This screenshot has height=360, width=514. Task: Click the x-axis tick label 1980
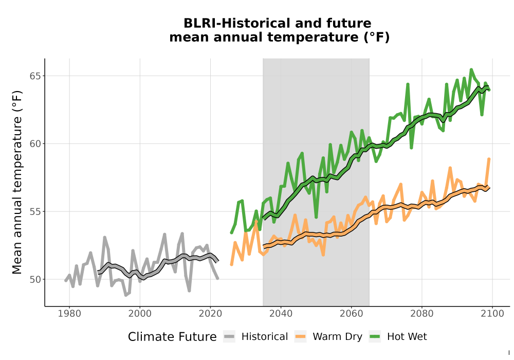[x=69, y=314]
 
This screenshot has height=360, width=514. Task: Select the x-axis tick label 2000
[x=140, y=314]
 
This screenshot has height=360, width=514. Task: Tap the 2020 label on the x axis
[x=210, y=314]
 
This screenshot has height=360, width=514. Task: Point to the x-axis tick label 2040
[x=281, y=314]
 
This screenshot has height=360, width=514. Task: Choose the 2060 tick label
[x=352, y=314]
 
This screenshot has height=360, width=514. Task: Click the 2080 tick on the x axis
[x=422, y=314]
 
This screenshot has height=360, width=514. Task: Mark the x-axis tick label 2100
[x=492, y=314]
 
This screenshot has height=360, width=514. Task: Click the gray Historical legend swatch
[x=229, y=337]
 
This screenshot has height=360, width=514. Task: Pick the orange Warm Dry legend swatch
[x=300, y=337]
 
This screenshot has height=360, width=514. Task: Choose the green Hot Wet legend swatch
[x=375, y=337]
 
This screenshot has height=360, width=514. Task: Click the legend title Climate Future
[x=172, y=337]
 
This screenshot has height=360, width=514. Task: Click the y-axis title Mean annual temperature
[x=17, y=182]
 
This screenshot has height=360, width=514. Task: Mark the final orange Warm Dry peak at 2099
[x=489, y=159]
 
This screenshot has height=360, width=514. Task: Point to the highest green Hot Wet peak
[x=471, y=69]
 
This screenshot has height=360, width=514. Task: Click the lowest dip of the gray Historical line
[x=125, y=295]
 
